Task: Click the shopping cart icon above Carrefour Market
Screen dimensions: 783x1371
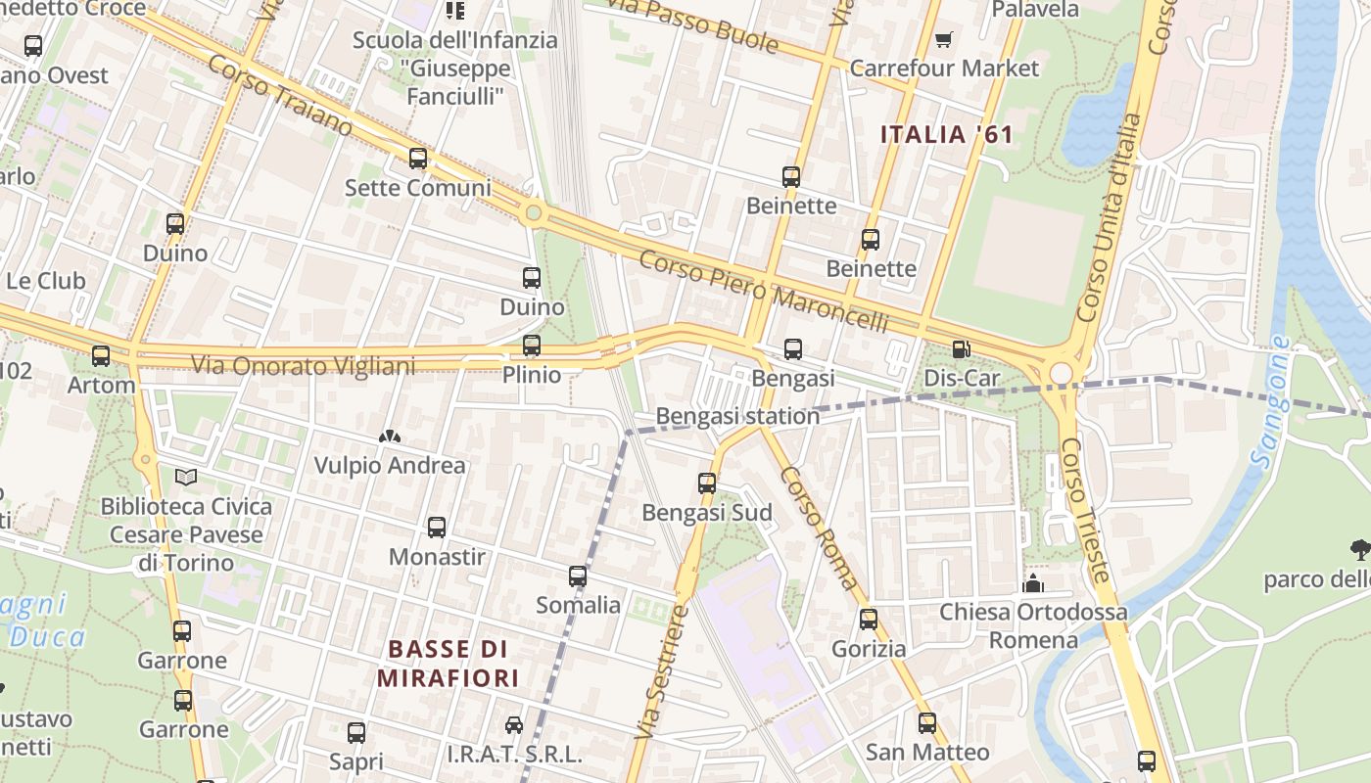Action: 943,39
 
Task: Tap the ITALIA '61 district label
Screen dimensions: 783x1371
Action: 946,135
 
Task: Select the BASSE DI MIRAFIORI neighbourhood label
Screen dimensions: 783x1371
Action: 448,664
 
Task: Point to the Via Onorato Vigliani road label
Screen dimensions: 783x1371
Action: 303,366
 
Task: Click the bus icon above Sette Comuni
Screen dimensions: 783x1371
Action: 418,159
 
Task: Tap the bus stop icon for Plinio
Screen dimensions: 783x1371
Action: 532,345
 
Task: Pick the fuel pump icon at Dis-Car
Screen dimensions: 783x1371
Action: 962,349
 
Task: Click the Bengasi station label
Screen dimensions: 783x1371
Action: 737,416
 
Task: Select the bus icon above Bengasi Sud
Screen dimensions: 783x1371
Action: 707,484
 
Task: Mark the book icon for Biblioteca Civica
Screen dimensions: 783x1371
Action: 186,478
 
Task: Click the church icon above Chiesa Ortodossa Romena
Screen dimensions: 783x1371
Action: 1032,584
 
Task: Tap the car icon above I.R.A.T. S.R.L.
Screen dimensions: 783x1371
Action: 514,725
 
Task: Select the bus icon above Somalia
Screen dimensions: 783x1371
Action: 578,576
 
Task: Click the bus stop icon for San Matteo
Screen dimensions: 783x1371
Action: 927,723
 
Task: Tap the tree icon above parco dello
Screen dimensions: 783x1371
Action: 1359,550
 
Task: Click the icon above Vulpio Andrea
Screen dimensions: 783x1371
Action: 390,437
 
